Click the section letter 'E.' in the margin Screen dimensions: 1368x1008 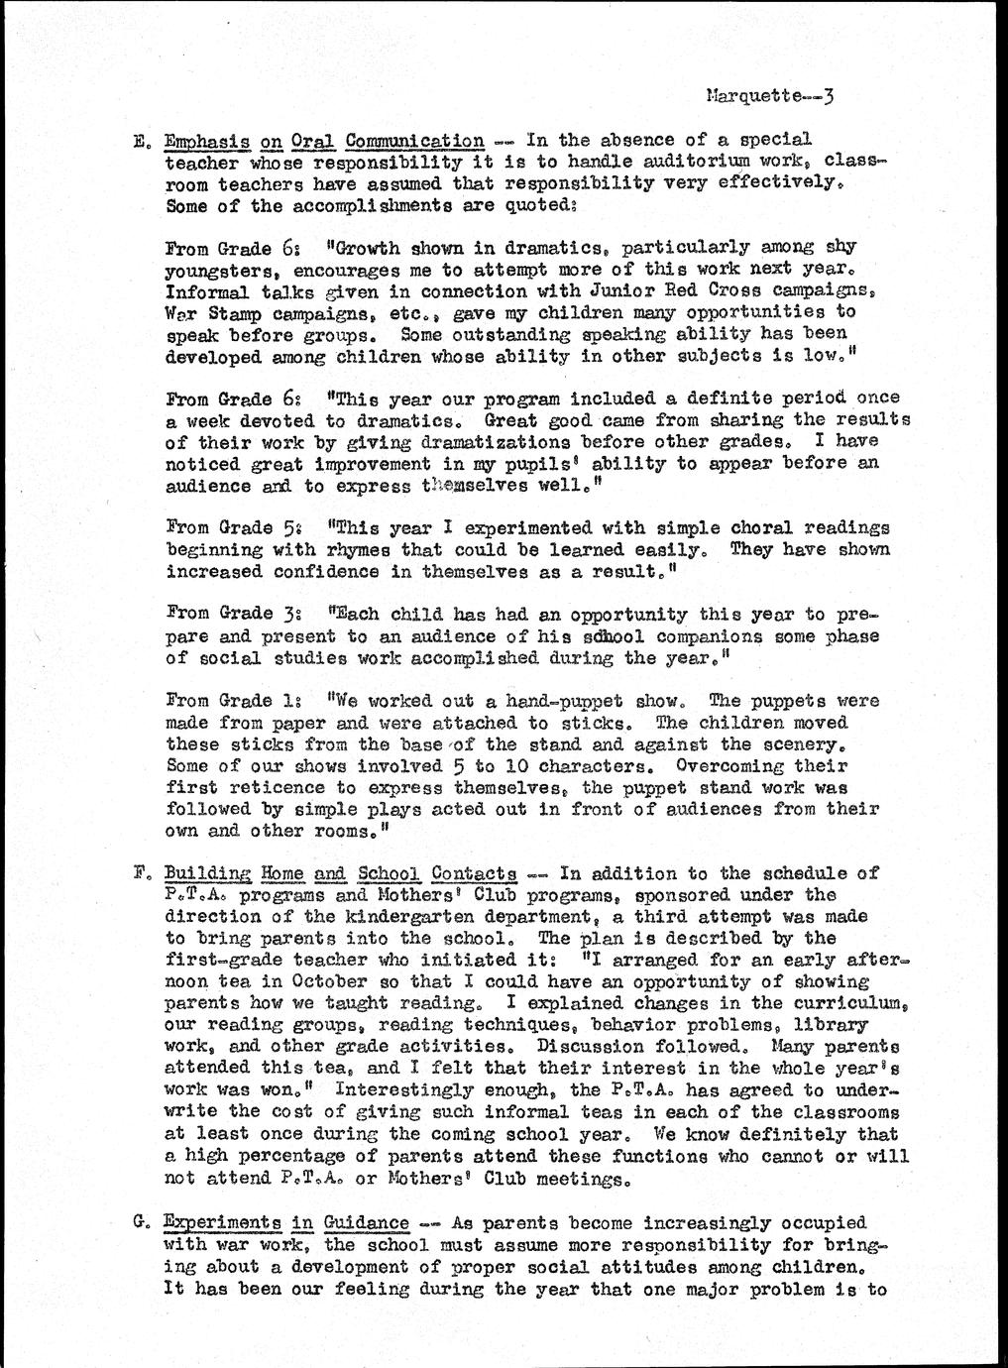click(x=138, y=141)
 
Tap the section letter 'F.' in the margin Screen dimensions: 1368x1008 click(x=138, y=874)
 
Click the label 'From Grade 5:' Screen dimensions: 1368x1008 click(x=231, y=528)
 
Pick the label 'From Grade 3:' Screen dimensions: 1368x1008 click(x=231, y=615)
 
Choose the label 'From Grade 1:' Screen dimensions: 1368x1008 click(x=231, y=701)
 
